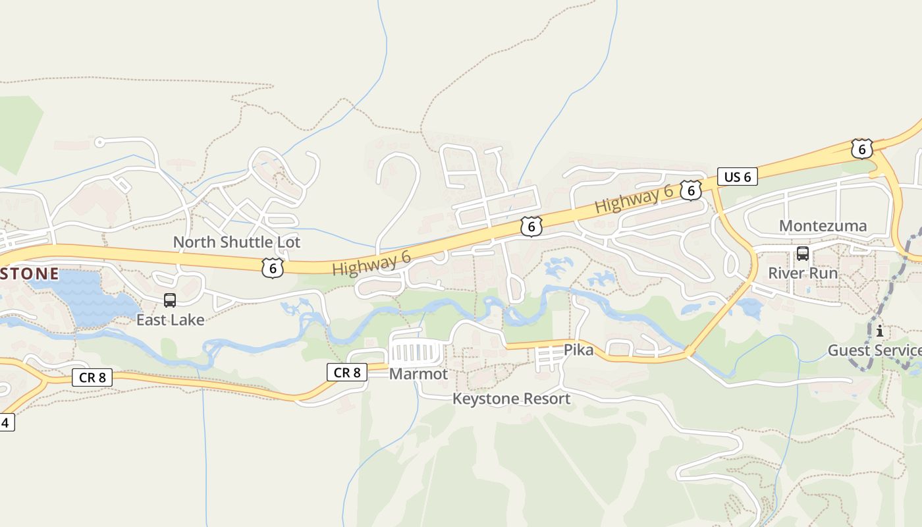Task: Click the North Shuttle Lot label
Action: pyautogui.click(x=236, y=242)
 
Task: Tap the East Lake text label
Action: pyautogui.click(x=170, y=320)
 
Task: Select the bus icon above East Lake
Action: pyautogui.click(x=170, y=300)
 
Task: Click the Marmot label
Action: pyautogui.click(x=418, y=374)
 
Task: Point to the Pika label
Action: pyautogui.click(x=578, y=350)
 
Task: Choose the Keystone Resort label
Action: pyautogui.click(x=511, y=399)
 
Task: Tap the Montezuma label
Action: pyautogui.click(x=823, y=226)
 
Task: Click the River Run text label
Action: pyautogui.click(x=803, y=273)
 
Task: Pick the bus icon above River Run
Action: pyautogui.click(x=803, y=253)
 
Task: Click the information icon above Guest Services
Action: pyautogui.click(x=879, y=331)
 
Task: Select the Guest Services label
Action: pyautogui.click(x=875, y=350)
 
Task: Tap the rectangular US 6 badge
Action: pyautogui.click(x=738, y=177)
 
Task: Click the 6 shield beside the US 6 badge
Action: pyautogui.click(x=690, y=191)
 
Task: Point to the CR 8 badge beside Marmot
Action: pyautogui.click(x=347, y=372)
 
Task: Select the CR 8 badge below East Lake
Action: pyautogui.click(x=92, y=377)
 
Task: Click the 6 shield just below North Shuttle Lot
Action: pyautogui.click(x=272, y=267)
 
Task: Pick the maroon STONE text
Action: pyautogui.click(x=30, y=273)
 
